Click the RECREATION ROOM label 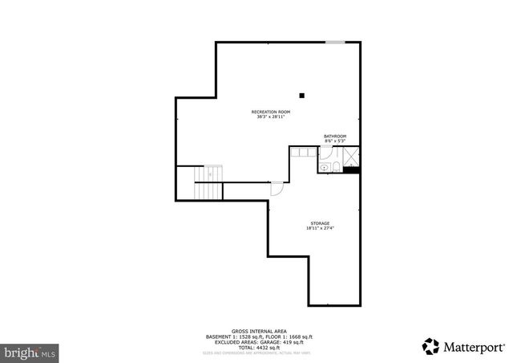pyautogui.click(x=270, y=111)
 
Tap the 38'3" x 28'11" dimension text pyautogui.click(x=270, y=116)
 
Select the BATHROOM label pyautogui.click(x=334, y=137)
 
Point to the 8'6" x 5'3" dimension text pyautogui.click(x=334, y=142)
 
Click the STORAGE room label pyautogui.click(x=320, y=223)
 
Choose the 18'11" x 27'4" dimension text pyautogui.click(x=320, y=229)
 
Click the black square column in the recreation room pyautogui.click(x=302, y=94)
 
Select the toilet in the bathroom pyautogui.click(x=337, y=166)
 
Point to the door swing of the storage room pyautogui.click(x=277, y=189)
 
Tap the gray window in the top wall pyautogui.click(x=336, y=42)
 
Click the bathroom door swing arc pyautogui.click(x=324, y=156)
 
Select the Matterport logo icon pyautogui.click(x=430, y=346)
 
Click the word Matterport pyautogui.click(x=473, y=347)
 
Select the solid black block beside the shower pyautogui.click(x=353, y=169)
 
